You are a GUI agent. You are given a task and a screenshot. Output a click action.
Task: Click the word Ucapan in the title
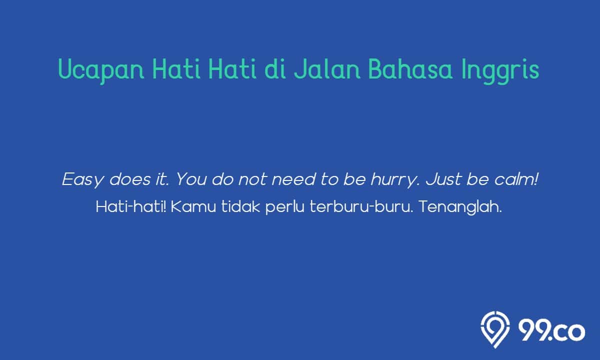(101, 70)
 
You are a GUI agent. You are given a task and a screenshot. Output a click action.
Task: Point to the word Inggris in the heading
(500, 70)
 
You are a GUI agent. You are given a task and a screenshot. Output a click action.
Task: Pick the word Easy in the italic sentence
(82, 179)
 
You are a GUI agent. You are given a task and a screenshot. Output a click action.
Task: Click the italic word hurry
(395, 179)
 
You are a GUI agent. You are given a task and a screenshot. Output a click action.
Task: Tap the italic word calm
(516, 179)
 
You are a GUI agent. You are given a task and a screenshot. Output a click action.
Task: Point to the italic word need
(293, 179)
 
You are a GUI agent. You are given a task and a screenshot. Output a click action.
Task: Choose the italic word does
(130, 179)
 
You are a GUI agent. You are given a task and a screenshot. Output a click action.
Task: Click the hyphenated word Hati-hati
(131, 207)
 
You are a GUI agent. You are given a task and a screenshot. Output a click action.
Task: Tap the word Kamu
(193, 207)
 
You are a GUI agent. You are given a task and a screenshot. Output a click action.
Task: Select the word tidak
(240, 207)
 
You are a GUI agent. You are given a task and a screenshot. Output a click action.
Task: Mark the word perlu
(285, 208)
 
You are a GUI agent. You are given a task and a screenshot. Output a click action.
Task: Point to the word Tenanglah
(460, 208)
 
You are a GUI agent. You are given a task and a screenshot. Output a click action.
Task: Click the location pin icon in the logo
(495, 329)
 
